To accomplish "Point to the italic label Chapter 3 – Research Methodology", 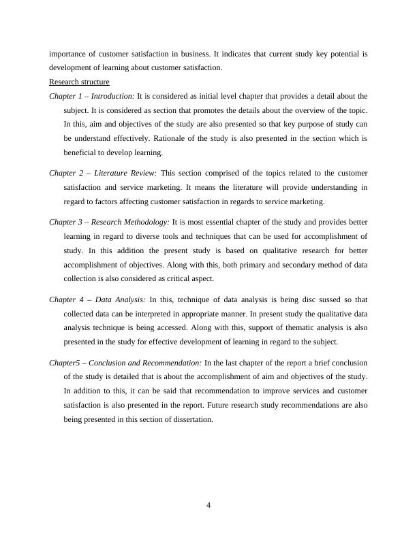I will point(110,221).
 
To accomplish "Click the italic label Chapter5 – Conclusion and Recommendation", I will point(125,362).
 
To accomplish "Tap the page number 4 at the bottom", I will point(209,504).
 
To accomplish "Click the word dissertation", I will point(196,419).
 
